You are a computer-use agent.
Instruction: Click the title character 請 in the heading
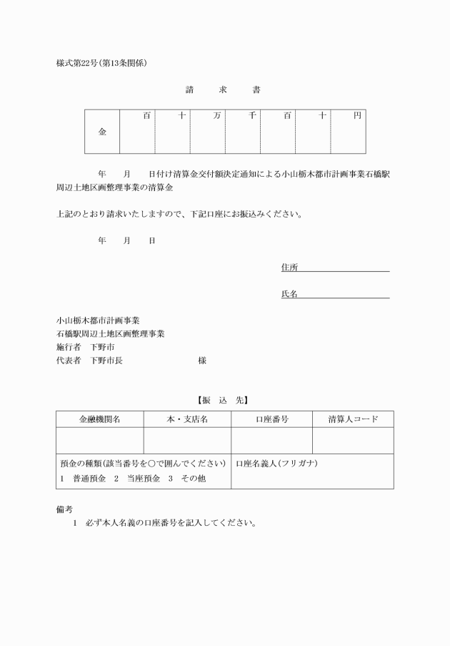tap(189, 90)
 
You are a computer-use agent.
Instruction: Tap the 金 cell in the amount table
tap(102, 132)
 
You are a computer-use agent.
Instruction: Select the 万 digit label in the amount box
tap(216, 116)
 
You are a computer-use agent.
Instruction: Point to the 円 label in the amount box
tap(357, 116)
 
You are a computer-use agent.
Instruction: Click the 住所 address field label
tap(289, 268)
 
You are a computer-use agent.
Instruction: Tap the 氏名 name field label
tap(289, 294)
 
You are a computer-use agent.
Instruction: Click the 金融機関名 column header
tap(99, 419)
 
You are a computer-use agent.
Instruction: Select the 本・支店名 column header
tap(187, 419)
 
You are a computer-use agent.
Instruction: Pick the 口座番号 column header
tap(271, 419)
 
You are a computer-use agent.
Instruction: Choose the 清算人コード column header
tap(353, 419)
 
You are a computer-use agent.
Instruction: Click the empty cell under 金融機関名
tap(99, 441)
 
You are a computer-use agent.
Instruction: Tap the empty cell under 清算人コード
tap(353, 441)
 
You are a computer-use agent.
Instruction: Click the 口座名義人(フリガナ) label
tap(276, 464)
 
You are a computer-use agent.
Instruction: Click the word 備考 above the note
tap(64, 509)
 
